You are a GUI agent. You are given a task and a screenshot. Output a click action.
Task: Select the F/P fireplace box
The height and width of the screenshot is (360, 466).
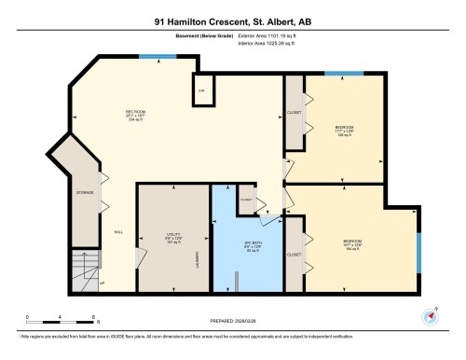pyautogui.click(x=200, y=90)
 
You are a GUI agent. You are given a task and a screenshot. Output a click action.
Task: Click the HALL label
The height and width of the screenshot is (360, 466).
pyautogui.click(x=118, y=232)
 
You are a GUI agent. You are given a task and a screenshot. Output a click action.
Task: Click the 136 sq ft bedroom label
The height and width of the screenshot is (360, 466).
pyautogui.click(x=345, y=130)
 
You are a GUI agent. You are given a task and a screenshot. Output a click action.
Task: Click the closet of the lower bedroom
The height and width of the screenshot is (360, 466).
pyautogui.click(x=294, y=253)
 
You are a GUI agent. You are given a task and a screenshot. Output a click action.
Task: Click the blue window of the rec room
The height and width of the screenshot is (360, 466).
pyautogui.click(x=150, y=57)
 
